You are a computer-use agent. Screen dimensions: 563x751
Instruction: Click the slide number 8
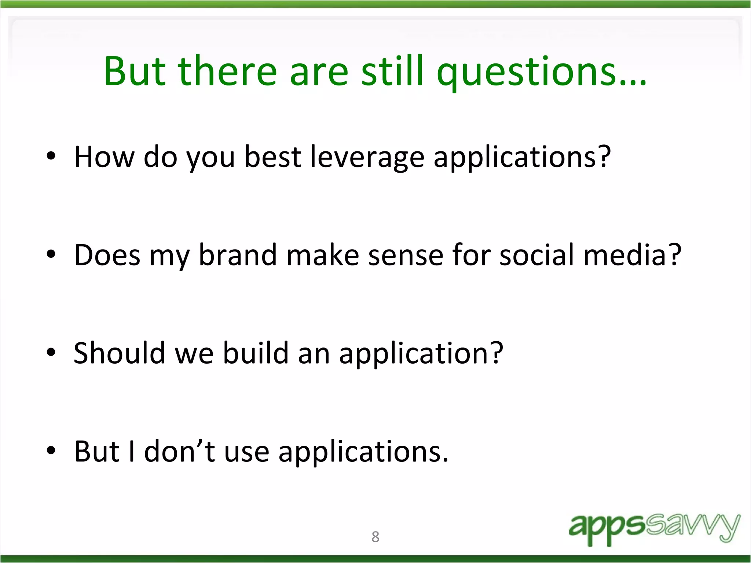click(x=375, y=537)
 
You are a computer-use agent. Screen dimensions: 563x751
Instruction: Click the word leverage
click(x=367, y=158)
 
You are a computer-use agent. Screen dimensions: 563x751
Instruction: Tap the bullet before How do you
click(x=51, y=156)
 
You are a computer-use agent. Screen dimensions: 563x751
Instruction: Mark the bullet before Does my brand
click(x=51, y=254)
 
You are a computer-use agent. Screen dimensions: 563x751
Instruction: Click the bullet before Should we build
click(x=51, y=352)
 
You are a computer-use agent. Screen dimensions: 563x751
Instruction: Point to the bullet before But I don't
click(x=51, y=450)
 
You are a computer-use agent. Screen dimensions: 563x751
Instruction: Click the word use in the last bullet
click(x=246, y=452)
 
